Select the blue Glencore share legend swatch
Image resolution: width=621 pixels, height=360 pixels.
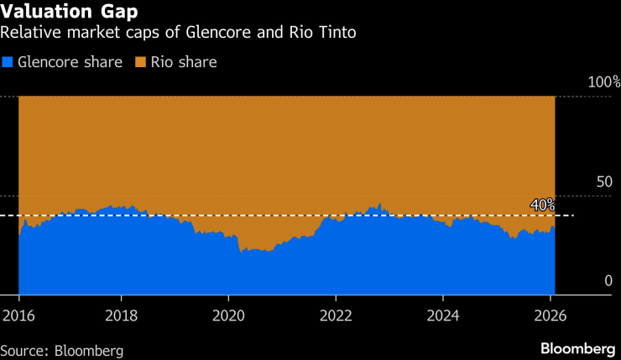coord(8,62)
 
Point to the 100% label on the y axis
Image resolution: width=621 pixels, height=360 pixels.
coord(603,82)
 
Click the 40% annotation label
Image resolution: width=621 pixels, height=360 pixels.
coord(542,205)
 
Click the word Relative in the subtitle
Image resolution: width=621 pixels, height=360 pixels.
coord(29,34)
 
